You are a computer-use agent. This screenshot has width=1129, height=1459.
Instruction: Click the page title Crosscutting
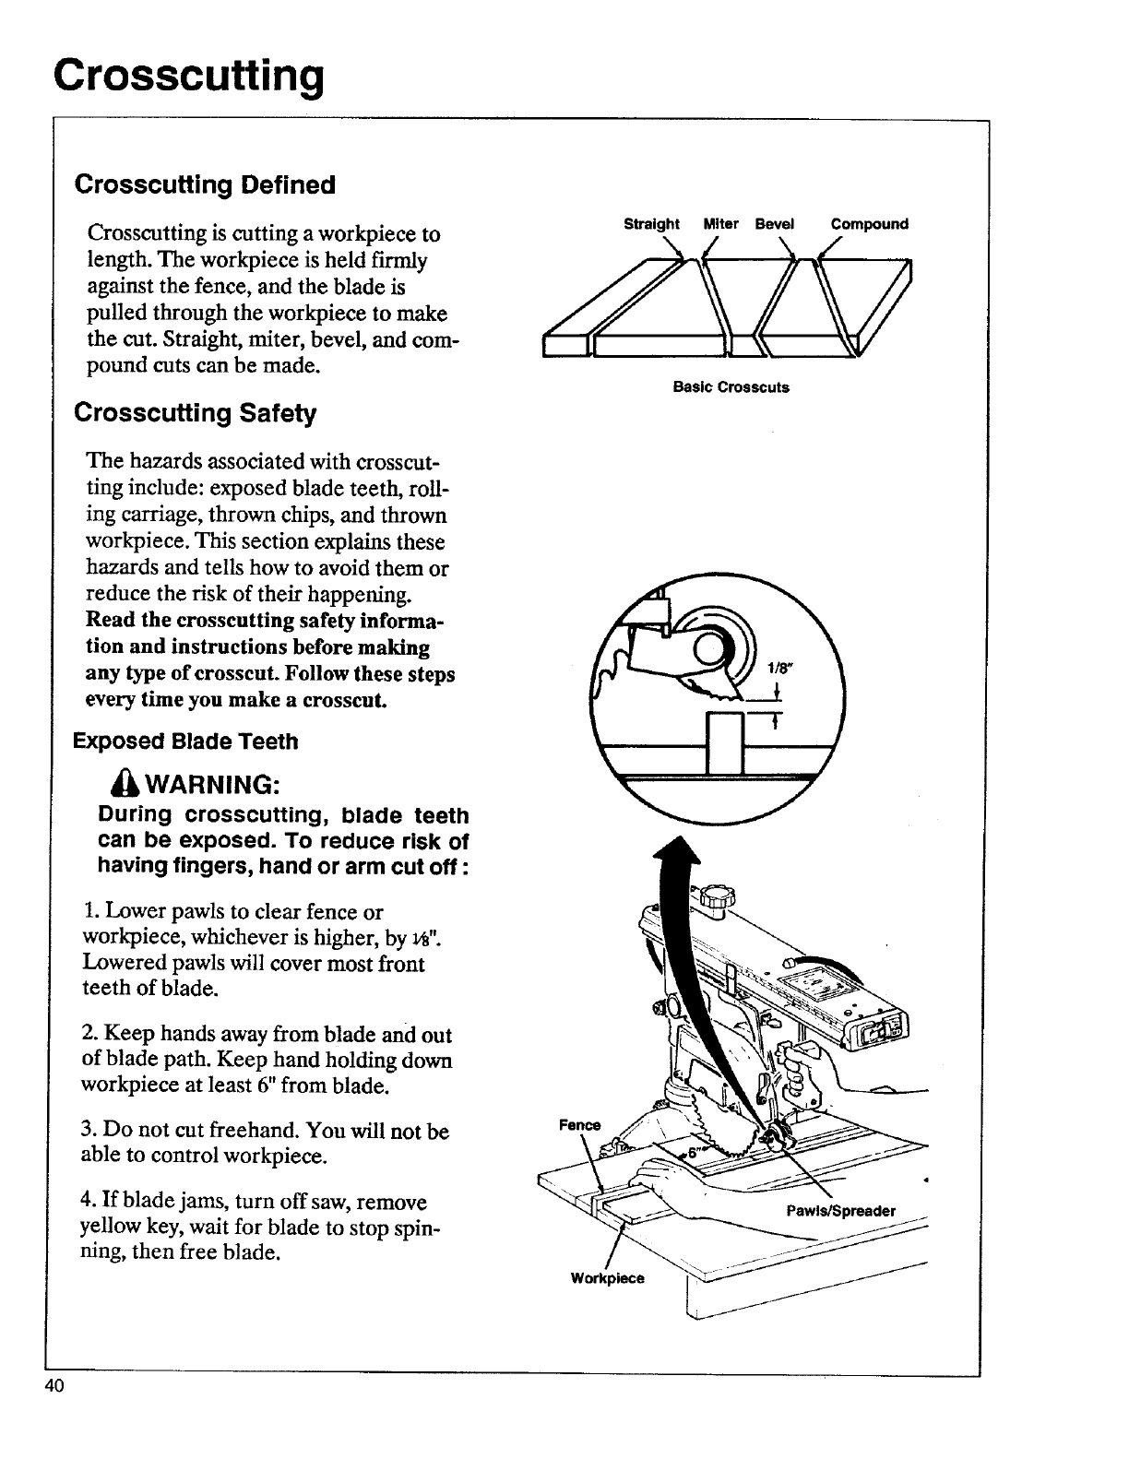tap(189, 76)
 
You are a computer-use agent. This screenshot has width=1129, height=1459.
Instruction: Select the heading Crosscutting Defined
tap(205, 184)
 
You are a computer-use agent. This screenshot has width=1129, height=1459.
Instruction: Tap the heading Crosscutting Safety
tap(195, 412)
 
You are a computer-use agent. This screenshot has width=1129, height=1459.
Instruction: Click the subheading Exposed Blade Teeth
tap(185, 741)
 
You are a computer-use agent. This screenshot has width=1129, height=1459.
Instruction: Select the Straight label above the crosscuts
tap(651, 224)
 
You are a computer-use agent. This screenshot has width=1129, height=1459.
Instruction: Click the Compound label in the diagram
tap(869, 224)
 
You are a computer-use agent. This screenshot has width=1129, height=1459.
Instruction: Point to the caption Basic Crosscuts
tap(731, 387)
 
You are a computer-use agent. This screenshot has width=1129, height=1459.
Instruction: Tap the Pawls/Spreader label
tap(840, 1211)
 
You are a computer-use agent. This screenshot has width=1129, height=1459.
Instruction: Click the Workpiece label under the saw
tap(607, 1278)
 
